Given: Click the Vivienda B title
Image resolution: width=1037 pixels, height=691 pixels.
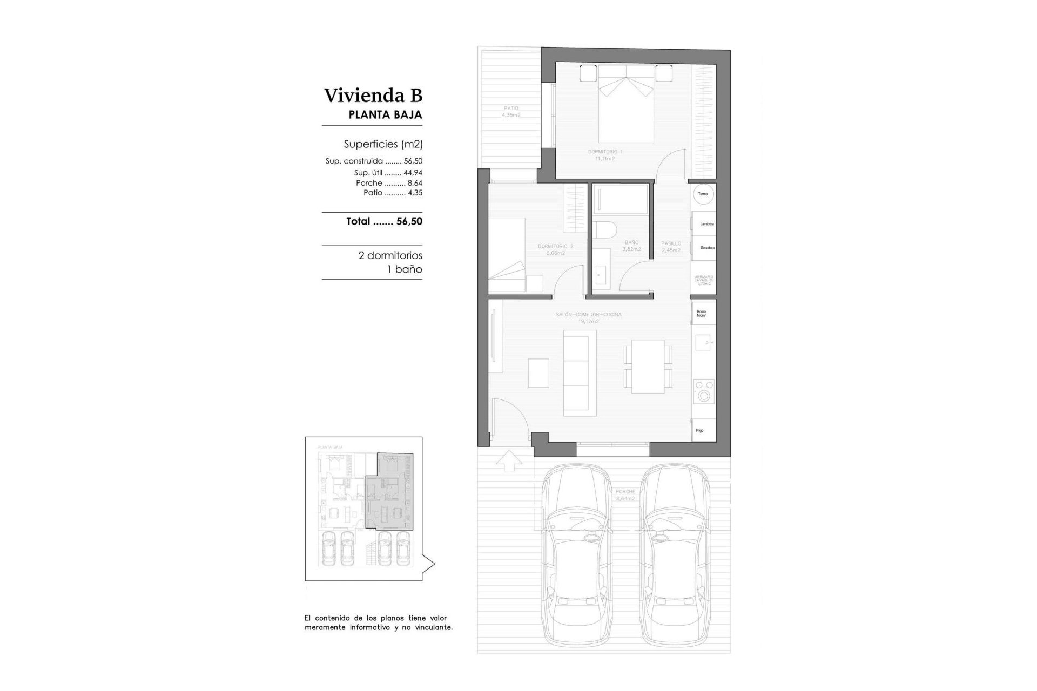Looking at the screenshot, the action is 373,96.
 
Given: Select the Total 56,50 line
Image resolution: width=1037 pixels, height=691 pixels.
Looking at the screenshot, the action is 384,221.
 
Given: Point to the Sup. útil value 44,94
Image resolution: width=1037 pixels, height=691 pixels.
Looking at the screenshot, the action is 413,173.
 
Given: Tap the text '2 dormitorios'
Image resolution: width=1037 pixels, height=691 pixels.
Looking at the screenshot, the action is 390,255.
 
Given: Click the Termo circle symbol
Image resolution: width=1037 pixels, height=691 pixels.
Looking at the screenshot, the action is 703,194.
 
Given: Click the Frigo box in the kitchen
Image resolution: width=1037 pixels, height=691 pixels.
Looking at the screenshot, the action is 704,430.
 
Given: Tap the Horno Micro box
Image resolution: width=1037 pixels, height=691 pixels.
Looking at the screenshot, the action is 704,313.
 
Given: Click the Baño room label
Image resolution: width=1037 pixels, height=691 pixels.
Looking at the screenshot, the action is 631,246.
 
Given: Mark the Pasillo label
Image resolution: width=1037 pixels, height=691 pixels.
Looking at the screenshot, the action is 671,247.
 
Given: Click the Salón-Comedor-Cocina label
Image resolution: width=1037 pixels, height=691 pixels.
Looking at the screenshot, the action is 588,317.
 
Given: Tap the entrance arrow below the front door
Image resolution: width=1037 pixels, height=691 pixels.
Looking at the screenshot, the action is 509,462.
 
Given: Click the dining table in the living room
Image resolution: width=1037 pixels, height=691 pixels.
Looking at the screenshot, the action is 648,366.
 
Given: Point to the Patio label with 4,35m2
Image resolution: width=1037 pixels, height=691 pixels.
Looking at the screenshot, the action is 510,111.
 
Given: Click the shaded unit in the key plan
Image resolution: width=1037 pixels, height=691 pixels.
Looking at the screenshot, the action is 389,491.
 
